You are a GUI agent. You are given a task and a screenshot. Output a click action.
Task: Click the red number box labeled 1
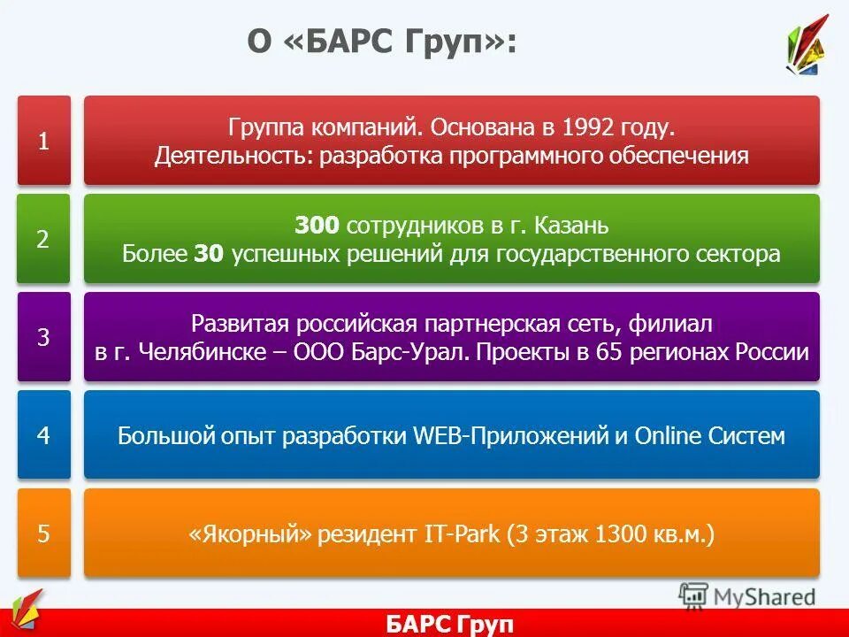coord(43,141)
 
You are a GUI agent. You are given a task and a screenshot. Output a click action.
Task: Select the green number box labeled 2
coord(43,239)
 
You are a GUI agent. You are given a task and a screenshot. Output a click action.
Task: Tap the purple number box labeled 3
coord(43,337)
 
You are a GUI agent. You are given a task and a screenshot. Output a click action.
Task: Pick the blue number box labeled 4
coord(43,435)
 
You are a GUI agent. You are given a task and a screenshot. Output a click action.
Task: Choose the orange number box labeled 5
coord(43,533)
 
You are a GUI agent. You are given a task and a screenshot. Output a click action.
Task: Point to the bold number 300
coord(317,226)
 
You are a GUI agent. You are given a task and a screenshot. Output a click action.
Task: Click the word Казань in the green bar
coord(571,226)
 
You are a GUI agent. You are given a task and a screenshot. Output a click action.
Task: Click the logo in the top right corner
coord(807,46)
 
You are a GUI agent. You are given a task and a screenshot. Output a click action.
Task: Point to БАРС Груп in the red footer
coord(449,624)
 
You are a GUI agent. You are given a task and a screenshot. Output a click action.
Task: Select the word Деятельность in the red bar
coord(233,157)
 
